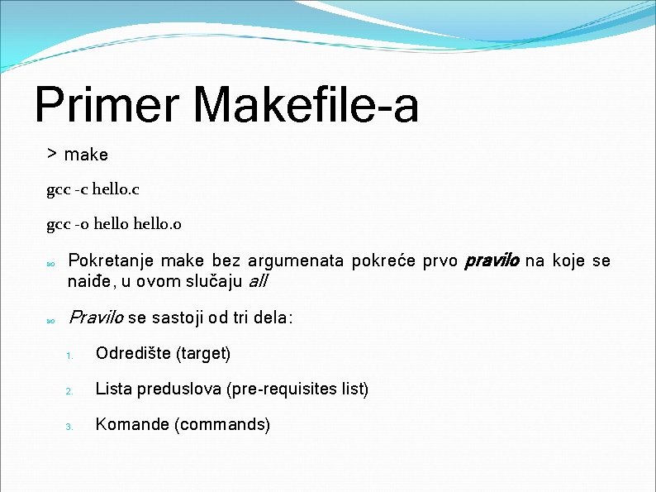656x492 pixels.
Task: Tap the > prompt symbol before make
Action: pos(51,154)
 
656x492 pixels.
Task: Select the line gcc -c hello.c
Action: pos(93,189)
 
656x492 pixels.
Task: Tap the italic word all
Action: pos(259,281)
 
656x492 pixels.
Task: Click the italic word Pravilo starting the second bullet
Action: pos(95,318)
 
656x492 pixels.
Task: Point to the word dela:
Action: pos(271,318)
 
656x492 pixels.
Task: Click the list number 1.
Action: pos(70,356)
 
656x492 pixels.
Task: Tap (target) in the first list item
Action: pos(202,354)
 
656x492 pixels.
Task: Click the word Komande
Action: pos(130,424)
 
